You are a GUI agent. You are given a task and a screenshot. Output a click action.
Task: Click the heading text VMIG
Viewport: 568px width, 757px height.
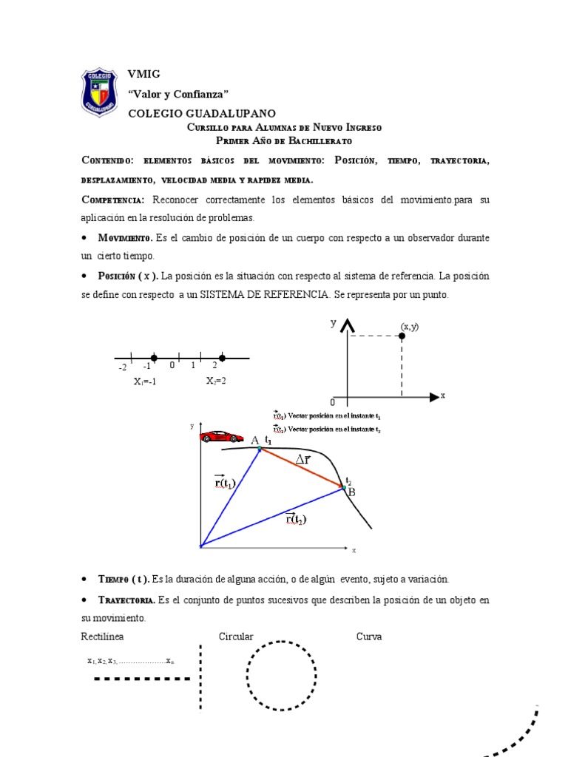click(x=143, y=74)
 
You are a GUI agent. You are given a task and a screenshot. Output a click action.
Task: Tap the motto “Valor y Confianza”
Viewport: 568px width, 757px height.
click(x=178, y=93)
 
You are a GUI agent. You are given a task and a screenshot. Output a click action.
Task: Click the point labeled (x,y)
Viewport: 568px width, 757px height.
click(x=402, y=336)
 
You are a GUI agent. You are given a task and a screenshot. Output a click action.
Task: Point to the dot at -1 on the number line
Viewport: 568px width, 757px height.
click(x=154, y=358)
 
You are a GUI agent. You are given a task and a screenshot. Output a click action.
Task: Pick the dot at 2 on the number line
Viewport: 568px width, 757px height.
click(x=222, y=358)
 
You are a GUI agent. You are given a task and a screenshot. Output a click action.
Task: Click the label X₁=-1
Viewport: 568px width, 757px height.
click(x=144, y=381)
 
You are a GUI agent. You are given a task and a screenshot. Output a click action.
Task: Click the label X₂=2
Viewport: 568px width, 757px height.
click(x=216, y=381)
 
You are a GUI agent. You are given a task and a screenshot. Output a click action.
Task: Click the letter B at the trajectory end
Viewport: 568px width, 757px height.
click(x=351, y=492)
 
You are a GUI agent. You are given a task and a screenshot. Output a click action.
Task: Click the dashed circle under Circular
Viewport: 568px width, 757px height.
click(x=282, y=676)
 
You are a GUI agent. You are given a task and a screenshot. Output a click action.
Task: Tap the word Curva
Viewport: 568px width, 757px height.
click(x=369, y=637)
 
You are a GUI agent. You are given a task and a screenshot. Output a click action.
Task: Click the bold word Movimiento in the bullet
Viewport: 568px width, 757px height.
click(x=125, y=238)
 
